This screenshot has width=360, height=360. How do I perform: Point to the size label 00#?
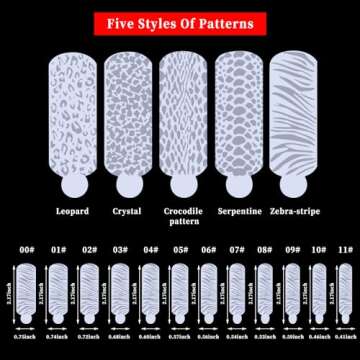[29, 250]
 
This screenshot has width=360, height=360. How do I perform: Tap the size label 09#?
[294, 250]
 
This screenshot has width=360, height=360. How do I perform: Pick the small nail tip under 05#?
[180, 290]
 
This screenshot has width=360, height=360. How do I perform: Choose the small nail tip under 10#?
[318, 290]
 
